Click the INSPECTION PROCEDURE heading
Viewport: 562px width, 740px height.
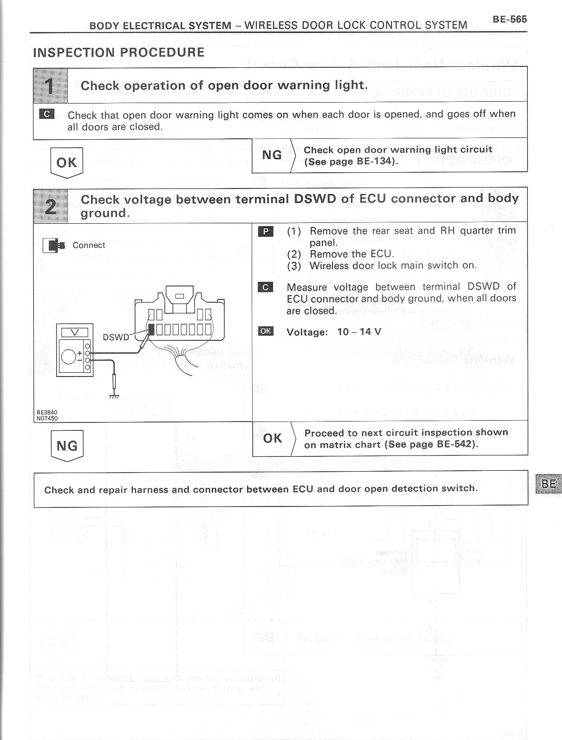pos(119,52)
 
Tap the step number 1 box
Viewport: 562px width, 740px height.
pos(50,85)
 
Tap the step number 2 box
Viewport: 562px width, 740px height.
pos(50,205)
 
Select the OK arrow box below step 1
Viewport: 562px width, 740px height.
pos(66,162)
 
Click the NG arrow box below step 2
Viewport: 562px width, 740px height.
pos(66,446)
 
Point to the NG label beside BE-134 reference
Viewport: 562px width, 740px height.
pos(272,155)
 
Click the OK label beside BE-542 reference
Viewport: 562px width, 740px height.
pos(272,438)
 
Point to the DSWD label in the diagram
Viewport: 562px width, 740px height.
pos(116,337)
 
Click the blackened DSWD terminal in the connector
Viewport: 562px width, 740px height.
pos(151,330)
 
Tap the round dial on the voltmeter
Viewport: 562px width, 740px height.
pos(69,357)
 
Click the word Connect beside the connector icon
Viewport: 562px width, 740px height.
pos(89,245)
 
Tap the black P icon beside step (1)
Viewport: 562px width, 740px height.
pos(266,231)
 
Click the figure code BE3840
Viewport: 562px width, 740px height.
pos(47,412)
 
